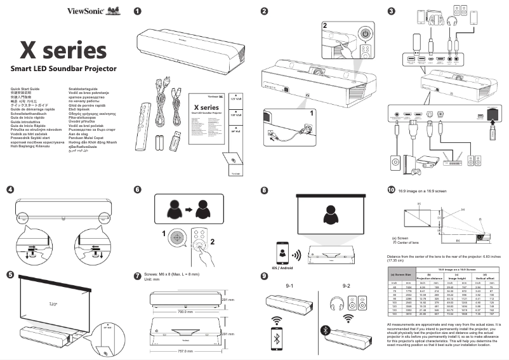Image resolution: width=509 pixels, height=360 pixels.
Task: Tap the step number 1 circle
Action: coord(138,11)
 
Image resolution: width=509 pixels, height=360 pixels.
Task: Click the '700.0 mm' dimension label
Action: coord(185,312)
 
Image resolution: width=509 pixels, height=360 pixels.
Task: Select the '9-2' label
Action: coord(346,286)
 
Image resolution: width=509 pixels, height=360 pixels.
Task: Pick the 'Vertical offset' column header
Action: coord(485,276)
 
